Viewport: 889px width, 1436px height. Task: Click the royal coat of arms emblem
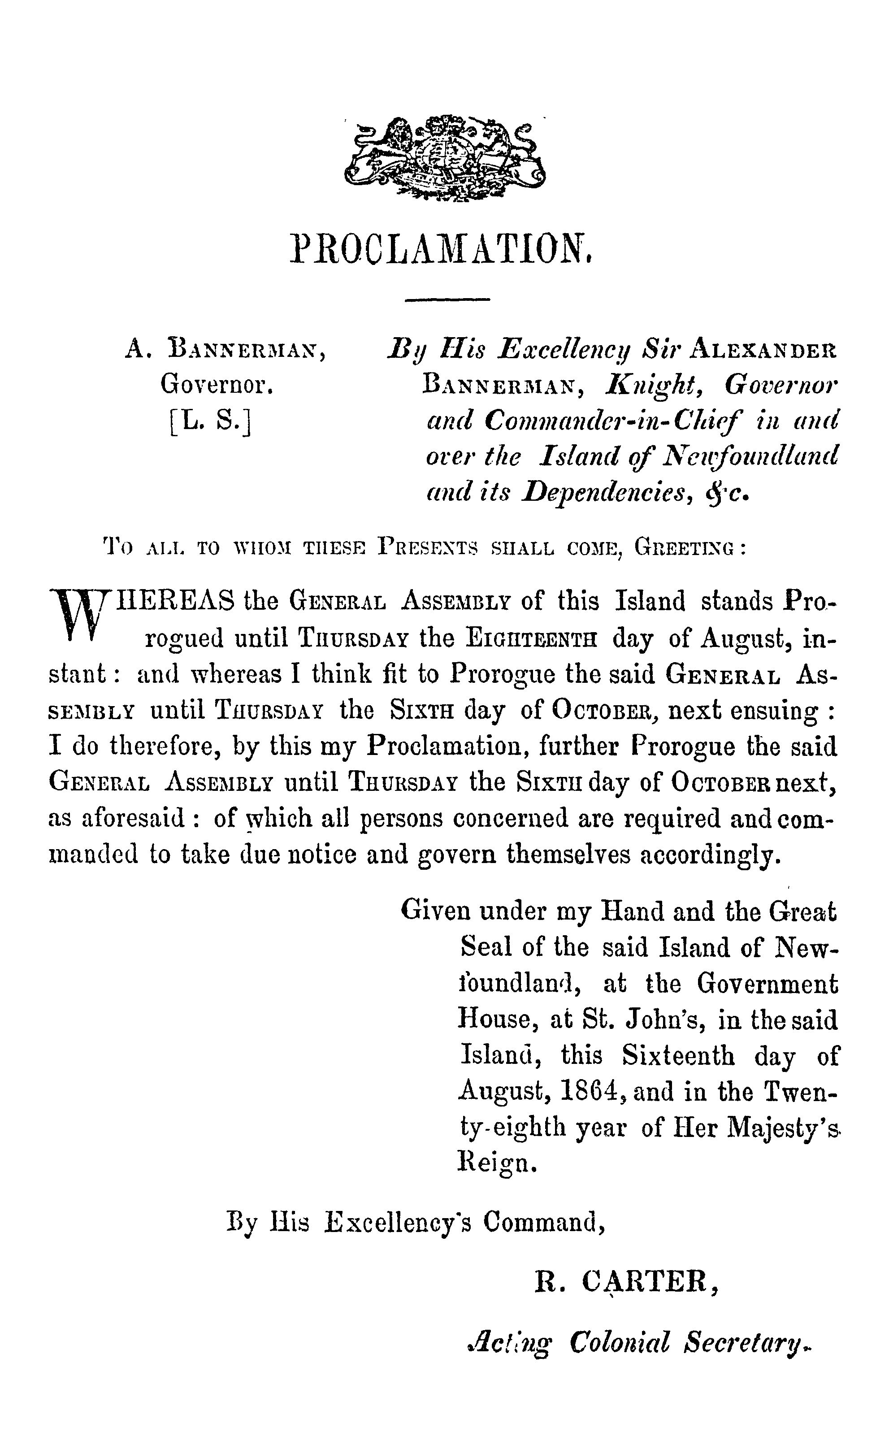point(445,157)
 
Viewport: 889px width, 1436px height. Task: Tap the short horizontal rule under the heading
point(447,300)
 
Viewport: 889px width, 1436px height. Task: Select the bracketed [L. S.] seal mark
point(209,421)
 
